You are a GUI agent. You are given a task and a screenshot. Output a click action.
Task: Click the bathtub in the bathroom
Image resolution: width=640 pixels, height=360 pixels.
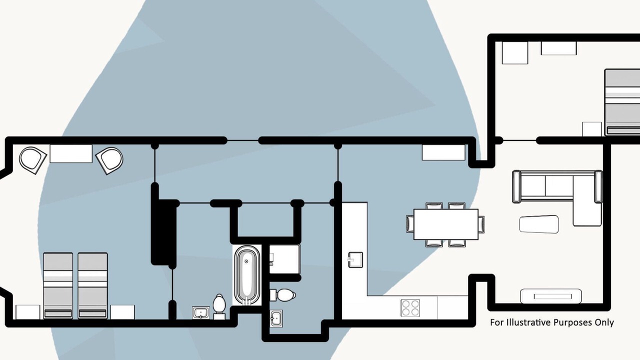coord(246,275)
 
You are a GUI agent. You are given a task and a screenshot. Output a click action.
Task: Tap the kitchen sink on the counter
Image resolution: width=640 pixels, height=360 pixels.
coord(355,259)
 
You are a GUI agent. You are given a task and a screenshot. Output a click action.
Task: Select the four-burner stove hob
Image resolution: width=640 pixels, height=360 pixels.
coord(410,307)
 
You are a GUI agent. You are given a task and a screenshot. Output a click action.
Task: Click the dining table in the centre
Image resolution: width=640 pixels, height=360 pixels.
coord(445,224)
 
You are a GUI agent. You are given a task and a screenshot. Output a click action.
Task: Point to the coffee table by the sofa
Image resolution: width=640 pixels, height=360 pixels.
coord(538,224)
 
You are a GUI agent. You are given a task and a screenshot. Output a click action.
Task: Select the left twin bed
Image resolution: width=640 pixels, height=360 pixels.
coord(58,285)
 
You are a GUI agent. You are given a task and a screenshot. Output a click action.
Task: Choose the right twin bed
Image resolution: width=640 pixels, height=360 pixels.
coord(92,285)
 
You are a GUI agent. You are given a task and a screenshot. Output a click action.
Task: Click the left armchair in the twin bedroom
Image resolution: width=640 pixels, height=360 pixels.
coord(32,159)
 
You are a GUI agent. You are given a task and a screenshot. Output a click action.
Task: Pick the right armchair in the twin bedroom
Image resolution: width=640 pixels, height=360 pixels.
coord(110,160)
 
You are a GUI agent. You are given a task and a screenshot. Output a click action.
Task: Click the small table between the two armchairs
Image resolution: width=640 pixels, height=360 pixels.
coord(71,153)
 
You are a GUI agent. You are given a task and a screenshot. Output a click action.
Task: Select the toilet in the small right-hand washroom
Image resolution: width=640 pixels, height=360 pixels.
coord(284,294)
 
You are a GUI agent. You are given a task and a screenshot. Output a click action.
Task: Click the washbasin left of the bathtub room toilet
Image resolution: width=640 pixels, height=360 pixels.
coord(200,313)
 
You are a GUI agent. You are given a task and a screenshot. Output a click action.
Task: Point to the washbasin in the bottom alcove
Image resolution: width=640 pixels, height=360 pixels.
coord(276,318)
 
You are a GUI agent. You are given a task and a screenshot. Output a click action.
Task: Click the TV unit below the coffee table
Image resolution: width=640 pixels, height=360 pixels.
coord(550,296)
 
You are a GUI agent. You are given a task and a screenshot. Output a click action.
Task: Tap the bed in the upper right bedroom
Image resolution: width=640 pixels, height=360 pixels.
coord(622,102)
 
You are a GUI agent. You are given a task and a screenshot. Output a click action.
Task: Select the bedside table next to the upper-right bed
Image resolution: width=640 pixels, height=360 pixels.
coord(591,129)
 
